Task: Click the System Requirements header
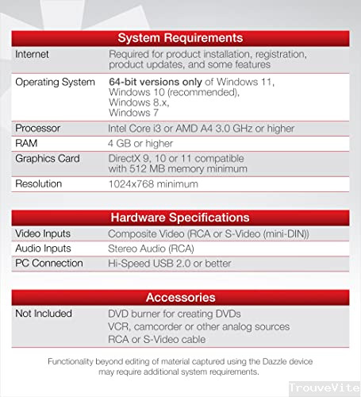point(180,37)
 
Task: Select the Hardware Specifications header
point(180,217)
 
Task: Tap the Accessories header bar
point(180,297)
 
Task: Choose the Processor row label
point(38,128)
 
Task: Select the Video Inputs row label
point(43,233)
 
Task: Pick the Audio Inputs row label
point(43,248)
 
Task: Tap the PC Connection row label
point(49,262)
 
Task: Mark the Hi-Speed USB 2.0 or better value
point(168,262)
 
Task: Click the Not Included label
point(44,314)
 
